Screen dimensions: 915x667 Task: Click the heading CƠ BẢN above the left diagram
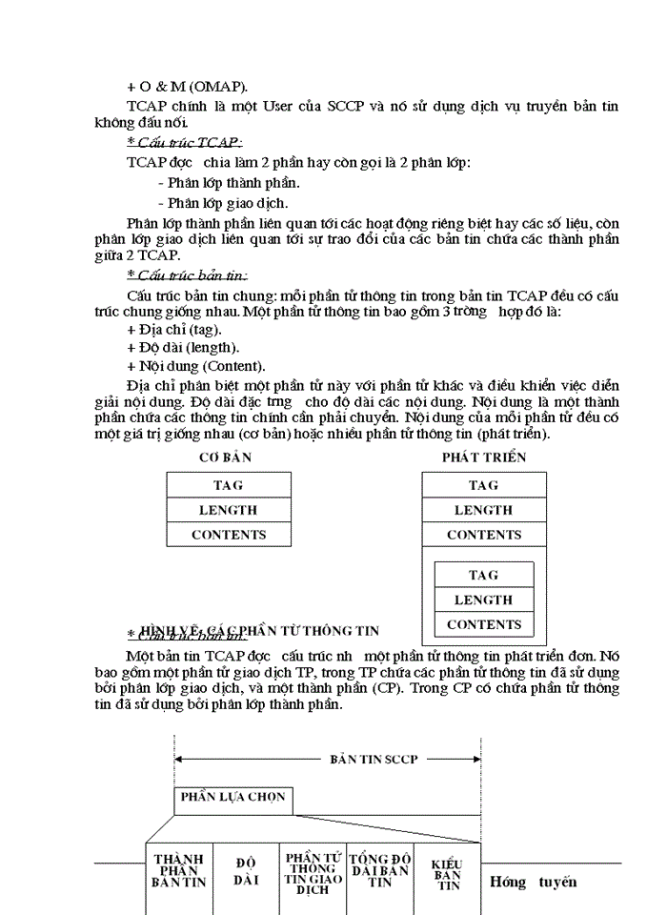click(225, 457)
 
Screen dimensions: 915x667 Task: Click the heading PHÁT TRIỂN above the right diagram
click(483, 457)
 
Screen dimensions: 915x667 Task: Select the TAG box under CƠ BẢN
click(229, 485)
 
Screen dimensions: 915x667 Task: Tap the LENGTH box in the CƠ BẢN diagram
click(229, 510)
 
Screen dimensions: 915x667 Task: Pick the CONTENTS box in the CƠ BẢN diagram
click(229, 535)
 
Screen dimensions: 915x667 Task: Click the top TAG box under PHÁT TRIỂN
click(484, 485)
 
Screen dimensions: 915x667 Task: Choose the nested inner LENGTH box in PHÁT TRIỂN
click(484, 600)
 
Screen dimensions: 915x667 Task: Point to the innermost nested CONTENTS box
click(484, 625)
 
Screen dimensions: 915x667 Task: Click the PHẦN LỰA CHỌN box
click(233, 798)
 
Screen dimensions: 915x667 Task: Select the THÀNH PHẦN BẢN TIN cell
click(179, 870)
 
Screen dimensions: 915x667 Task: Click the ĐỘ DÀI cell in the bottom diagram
click(246, 871)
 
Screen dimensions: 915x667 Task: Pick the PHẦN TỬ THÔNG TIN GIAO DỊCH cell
click(313, 873)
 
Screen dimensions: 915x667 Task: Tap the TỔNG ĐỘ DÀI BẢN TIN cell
click(380, 870)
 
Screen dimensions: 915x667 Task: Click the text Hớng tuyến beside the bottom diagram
click(533, 882)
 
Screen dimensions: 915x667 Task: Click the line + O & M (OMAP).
click(187, 86)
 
